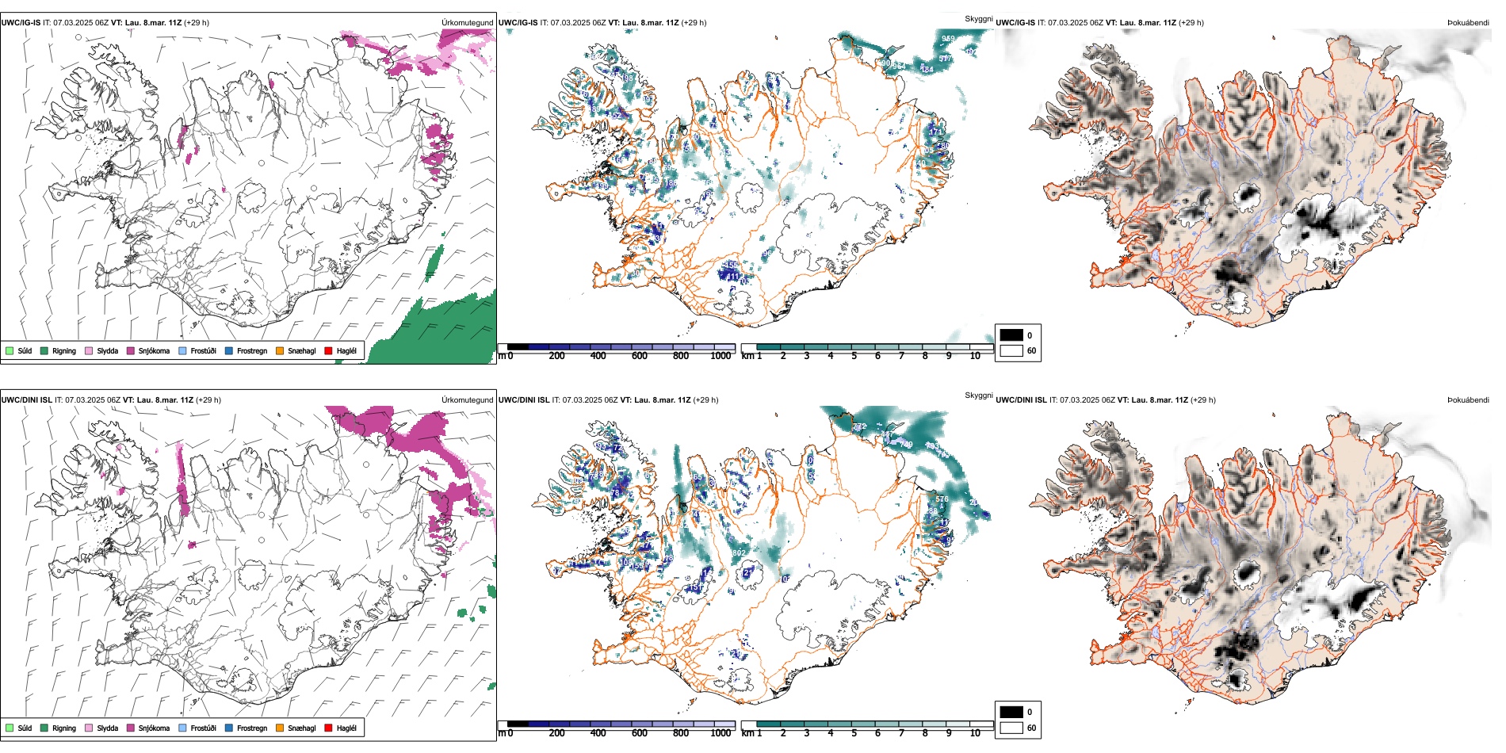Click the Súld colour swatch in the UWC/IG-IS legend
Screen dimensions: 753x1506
click(x=10, y=350)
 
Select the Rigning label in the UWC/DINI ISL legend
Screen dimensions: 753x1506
click(x=64, y=728)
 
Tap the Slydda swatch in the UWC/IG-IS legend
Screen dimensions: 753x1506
click(x=89, y=350)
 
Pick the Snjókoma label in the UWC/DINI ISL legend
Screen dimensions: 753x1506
click(x=154, y=728)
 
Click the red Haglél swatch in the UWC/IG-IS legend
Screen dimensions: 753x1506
click(x=328, y=350)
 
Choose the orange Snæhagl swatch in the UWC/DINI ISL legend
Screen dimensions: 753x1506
click(x=280, y=728)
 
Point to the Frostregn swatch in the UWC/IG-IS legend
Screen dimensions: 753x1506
click(x=229, y=350)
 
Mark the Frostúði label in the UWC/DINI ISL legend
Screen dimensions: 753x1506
click(x=203, y=728)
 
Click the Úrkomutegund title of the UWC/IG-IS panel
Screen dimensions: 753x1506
click(x=467, y=23)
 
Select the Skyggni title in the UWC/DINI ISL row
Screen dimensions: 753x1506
click(x=978, y=396)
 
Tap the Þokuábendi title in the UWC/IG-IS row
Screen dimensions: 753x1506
click(x=1468, y=23)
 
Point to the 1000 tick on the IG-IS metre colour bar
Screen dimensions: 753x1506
click(x=721, y=356)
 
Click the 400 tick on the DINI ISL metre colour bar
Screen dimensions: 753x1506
click(x=598, y=733)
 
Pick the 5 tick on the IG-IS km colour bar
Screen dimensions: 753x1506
click(x=854, y=356)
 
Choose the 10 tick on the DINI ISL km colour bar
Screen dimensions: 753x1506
click(x=975, y=733)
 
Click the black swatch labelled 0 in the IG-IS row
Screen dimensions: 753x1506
click(x=1011, y=334)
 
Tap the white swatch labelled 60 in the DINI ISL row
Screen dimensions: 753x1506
click(x=1011, y=728)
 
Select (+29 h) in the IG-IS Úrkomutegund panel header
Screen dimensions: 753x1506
click(x=197, y=23)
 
